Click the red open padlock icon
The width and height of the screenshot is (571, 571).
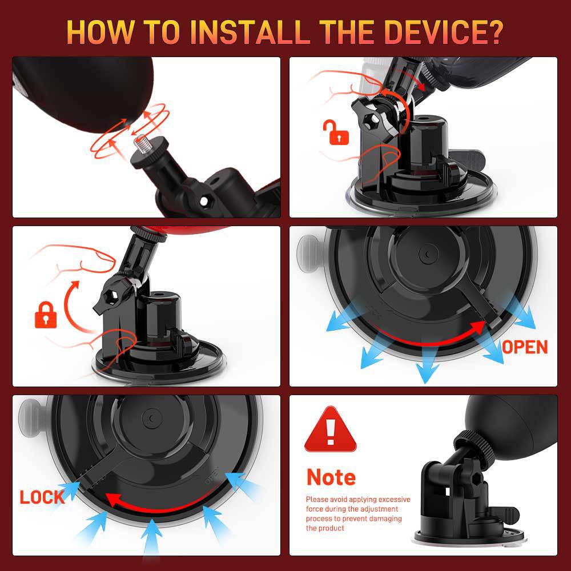pos(335,132)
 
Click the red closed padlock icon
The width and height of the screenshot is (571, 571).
pos(46,315)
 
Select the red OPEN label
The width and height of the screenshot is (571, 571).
pos(525,347)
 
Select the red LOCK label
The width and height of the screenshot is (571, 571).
pos(42,497)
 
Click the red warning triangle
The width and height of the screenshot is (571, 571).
pos(330,430)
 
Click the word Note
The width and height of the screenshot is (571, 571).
pos(331,477)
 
